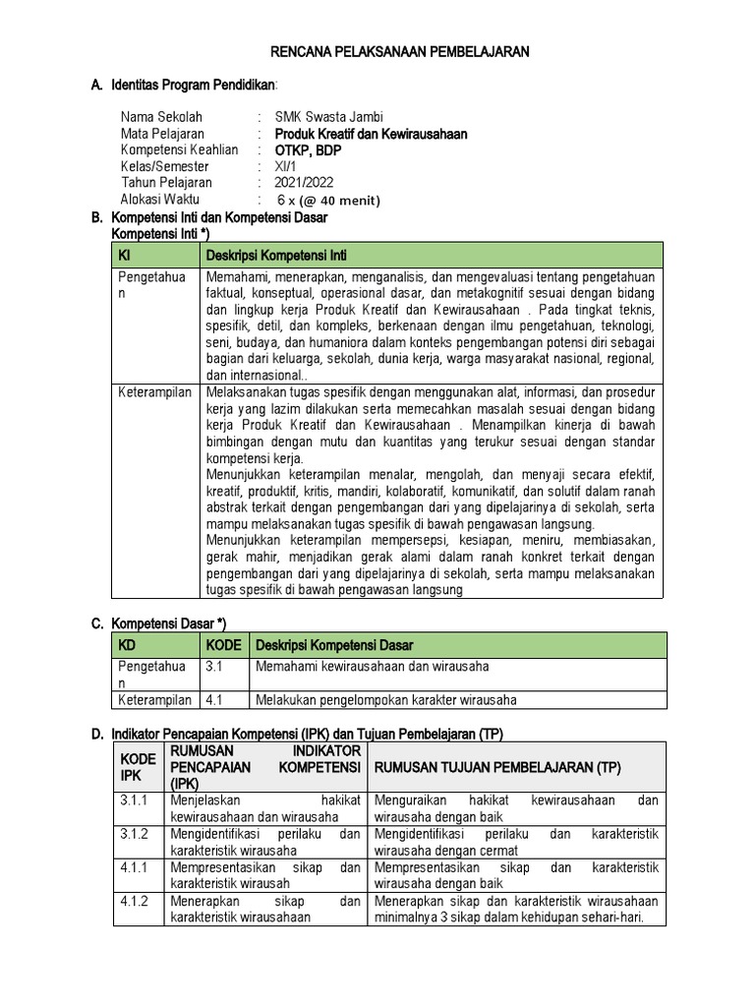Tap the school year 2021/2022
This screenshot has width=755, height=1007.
[305, 183]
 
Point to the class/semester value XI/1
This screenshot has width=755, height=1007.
[287, 166]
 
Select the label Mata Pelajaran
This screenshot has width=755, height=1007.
[162, 133]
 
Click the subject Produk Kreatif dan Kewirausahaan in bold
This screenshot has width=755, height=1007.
[372, 133]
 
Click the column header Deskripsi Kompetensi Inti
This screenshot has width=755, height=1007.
[276, 255]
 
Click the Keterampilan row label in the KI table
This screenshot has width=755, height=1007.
[154, 391]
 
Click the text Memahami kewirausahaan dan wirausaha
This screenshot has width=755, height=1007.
[372, 667]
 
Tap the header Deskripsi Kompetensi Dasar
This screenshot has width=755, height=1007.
[334, 645]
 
